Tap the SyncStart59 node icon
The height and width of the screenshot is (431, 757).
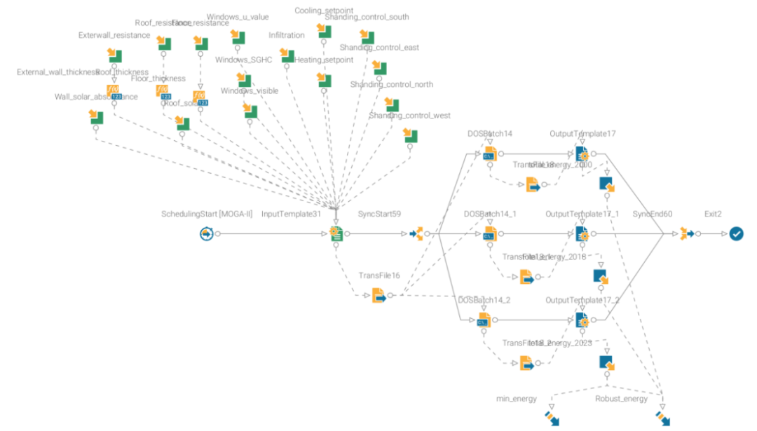(x=416, y=233)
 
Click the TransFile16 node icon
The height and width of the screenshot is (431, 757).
(x=378, y=295)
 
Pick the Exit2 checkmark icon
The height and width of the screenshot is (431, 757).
(x=736, y=233)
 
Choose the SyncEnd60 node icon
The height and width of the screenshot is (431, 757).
(x=686, y=233)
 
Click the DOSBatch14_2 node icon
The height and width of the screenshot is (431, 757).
(x=484, y=320)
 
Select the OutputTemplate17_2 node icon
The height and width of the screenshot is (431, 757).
(x=582, y=320)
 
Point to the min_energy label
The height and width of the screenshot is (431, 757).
(x=516, y=399)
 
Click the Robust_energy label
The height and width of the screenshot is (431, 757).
(x=621, y=399)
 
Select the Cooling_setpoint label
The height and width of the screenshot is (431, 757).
(x=324, y=11)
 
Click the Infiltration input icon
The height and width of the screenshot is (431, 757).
(x=287, y=56)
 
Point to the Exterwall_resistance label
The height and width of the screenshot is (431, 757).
(x=114, y=35)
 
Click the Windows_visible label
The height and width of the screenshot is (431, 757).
(x=250, y=90)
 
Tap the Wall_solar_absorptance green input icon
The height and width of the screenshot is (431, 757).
(x=97, y=118)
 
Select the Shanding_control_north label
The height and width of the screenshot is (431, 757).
(x=392, y=84)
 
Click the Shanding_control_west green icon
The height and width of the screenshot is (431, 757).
(x=410, y=136)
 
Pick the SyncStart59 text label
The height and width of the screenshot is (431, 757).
(x=380, y=214)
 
